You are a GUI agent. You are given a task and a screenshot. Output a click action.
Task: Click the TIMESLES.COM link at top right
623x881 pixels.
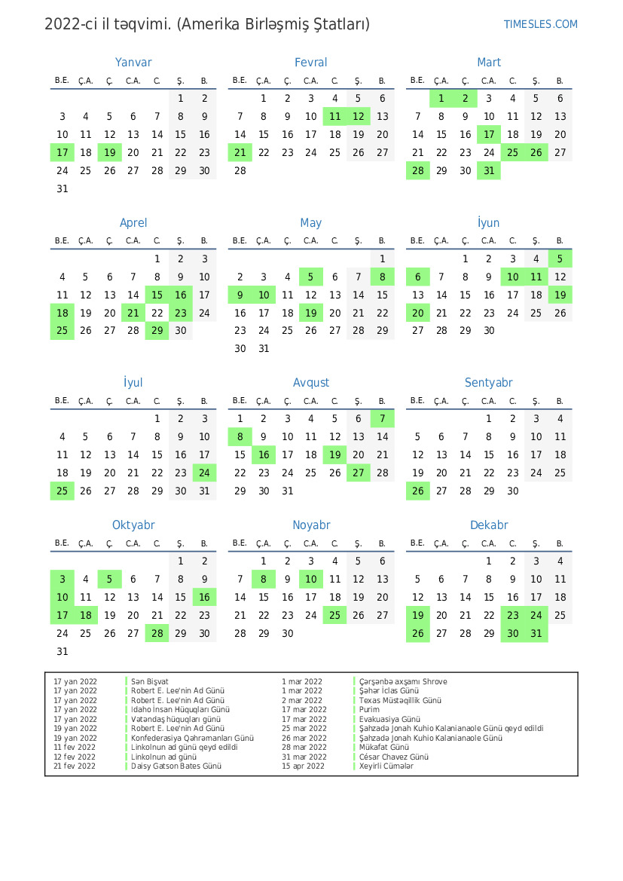[540, 24]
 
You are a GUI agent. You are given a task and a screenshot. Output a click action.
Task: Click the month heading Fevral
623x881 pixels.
[311, 63]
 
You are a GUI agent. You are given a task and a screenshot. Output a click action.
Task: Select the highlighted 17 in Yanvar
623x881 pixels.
[63, 152]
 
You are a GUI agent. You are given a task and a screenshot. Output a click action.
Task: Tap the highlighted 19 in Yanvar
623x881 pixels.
[109, 152]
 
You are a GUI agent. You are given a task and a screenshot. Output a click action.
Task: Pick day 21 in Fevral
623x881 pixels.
[240, 152]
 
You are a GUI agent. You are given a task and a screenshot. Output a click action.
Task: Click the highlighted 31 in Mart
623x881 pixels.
[489, 170]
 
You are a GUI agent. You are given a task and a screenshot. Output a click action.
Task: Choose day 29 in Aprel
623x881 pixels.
[157, 330]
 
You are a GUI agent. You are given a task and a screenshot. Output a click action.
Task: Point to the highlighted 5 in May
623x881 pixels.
[310, 277]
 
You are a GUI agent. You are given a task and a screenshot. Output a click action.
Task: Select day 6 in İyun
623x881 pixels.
[417, 277]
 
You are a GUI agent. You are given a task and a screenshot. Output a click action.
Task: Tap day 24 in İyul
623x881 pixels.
[204, 473]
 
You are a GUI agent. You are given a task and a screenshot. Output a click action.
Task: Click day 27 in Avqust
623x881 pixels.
[359, 473]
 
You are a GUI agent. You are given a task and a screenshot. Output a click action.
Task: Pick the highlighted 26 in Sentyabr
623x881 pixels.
[417, 491]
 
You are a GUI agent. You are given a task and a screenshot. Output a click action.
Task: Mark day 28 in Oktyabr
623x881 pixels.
[157, 633]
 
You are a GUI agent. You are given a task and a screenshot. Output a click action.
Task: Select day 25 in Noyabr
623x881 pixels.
[334, 615]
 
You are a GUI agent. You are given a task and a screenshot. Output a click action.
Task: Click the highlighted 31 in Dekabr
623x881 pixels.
[536, 633]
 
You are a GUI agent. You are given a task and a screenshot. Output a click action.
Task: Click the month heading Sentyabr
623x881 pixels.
[489, 383]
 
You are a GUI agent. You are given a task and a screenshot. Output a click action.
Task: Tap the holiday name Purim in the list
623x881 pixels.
[369, 709]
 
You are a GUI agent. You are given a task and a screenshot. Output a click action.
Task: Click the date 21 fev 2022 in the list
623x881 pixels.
[75, 766]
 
